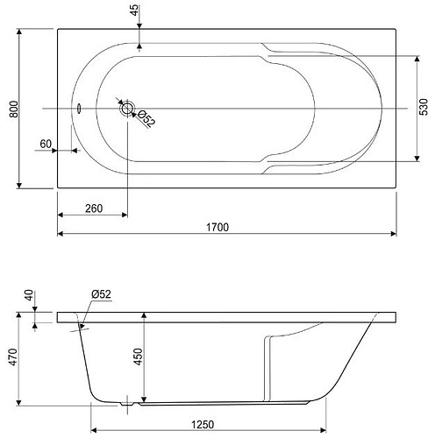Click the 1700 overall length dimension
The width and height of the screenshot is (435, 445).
(x=217, y=227)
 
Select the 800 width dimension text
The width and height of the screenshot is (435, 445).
(x=14, y=109)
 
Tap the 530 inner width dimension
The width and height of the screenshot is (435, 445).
(x=424, y=107)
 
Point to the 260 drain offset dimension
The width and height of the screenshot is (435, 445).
(x=94, y=208)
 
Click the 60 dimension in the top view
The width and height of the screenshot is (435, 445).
(x=46, y=144)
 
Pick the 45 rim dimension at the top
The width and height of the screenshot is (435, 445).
(x=134, y=11)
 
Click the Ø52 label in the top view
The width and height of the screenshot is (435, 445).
(x=146, y=118)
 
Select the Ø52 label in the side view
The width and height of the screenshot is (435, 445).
(x=101, y=294)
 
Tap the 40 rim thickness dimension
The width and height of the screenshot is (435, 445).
(x=30, y=295)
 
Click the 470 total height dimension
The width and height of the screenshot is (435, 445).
(x=14, y=357)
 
